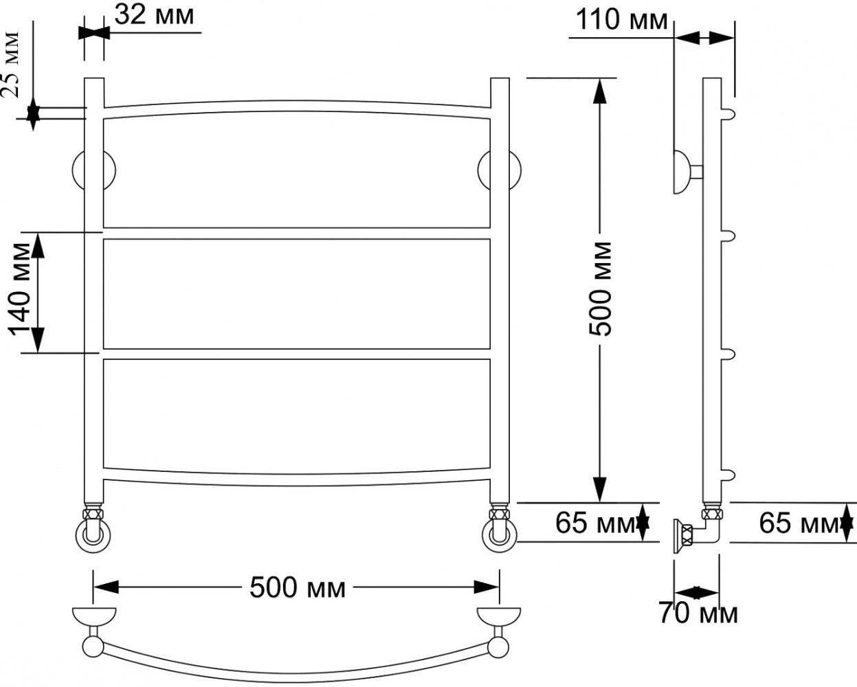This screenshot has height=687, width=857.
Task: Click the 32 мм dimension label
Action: (x=154, y=15)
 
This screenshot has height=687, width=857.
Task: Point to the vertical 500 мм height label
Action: (x=600, y=289)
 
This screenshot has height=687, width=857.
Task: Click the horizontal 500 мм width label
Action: (x=298, y=587)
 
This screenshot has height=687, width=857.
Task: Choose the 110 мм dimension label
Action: (x=622, y=20)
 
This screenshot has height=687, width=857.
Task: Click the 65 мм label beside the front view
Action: (x=596, y=523)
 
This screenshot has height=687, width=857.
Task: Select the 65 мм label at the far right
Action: (x=799, y=523)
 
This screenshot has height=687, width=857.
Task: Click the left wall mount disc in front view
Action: (x=94, y=170)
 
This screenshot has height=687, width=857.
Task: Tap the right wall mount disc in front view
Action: (x=500, y=170)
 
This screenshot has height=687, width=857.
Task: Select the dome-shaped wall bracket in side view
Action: (x=682, y=172)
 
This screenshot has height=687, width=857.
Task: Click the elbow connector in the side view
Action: (x=708, y=530)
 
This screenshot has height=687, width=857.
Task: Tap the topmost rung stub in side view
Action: (x=728, y=115)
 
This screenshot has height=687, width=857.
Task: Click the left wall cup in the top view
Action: (x=94, y=618)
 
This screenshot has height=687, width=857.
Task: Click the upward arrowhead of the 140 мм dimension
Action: (x=38, y=245)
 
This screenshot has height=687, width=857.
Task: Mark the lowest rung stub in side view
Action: (x=728, y=475)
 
